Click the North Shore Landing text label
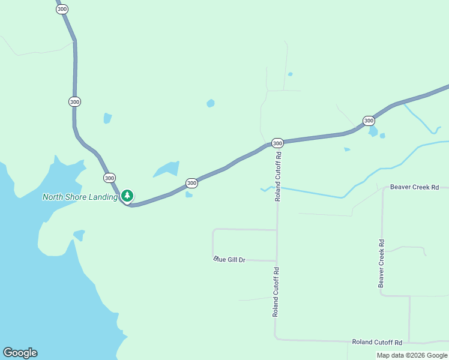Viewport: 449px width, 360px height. pyautogui.click(x=80, y=197)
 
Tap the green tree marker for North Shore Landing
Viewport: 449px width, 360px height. pyautogui.click(x=127, y=196)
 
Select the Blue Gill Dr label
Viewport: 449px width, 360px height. pyautogui.click(x=230, y=259)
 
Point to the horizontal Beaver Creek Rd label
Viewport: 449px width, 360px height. pyautogui.click(x=414, y=187)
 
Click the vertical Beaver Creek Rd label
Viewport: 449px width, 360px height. pyautogui.click(x=381, y=263)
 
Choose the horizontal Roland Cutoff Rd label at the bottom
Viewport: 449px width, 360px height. pyautogui.click(x=377, y=342)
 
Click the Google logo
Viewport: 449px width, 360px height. pyautogui.click(x=20, y=353)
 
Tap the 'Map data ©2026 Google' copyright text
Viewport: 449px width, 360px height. pyautogui.click(x=412, y=355)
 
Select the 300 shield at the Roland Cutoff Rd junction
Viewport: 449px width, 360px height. pyautogui.click(x=277, y=143)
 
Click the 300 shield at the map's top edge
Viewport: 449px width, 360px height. pyautogui.click(x=62, y=8)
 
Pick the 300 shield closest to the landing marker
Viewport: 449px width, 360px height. pyautogui.click(x=109, y=178)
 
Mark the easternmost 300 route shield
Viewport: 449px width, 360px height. pyautogui.click(x=369, y=121)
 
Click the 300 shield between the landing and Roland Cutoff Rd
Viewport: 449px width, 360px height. pyautogui.click(x=191, y=183)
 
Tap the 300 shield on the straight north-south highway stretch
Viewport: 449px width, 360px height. pyautogui.click(x=74, y=101)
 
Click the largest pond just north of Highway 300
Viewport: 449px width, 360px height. pyautogui.click(x=167, y=169)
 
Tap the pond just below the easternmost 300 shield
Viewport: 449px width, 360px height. pyautogui.click(x=373, y=131)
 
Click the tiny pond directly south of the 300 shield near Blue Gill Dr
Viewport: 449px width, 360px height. pyautogui.click(x=189, y=194)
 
